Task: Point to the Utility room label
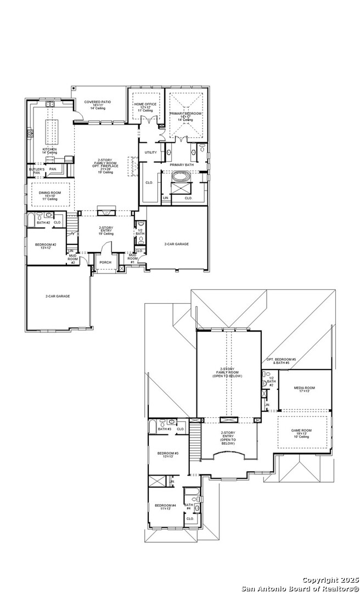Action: (x=150, y=152)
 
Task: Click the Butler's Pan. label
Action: (x=36, y=171)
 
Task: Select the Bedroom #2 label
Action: (x=46, y=245)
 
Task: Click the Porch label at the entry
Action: (x=105, y=262)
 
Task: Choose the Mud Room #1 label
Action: (x=132, y=256)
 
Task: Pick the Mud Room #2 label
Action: (x=72, y=258)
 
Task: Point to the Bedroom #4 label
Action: (x=165, y=506)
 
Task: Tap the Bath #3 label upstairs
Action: (x=165, y=429)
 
